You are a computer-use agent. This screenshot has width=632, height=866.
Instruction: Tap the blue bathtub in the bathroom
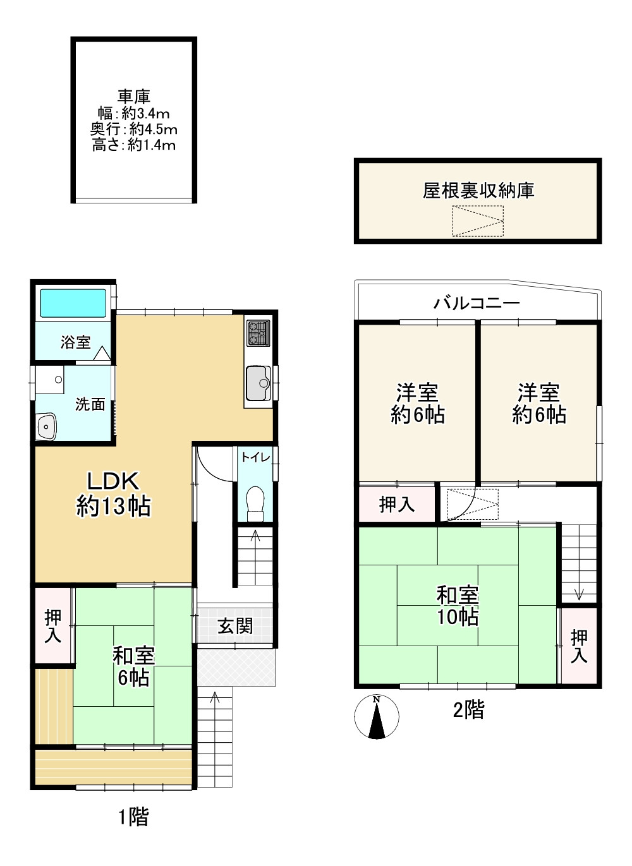coord(73,303)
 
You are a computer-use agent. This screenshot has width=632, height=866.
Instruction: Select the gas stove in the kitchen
coord(258,334)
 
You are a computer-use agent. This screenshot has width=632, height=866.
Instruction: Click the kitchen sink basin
coord(258,383)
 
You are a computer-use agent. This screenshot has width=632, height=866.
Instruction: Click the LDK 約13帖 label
coord(113,494)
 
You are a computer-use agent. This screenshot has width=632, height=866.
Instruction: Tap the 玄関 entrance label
coord(234,626)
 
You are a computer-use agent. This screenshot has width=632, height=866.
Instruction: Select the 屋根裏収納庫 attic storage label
coord(478,190)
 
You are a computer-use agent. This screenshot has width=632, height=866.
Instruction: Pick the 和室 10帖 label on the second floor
coord(458,606)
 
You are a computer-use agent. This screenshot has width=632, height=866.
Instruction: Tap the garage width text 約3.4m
coord(145,114)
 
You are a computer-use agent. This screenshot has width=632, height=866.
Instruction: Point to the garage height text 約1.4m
coord(152,145)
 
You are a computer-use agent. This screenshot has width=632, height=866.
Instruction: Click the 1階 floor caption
coord(133,817)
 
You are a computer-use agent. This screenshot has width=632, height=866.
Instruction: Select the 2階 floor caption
coord(468,710)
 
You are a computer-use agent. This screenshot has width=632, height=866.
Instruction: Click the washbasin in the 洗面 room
coord(47,427)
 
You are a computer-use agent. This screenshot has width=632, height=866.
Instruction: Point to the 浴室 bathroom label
coord(75,342)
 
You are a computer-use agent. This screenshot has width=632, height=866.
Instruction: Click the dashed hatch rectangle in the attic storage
coord(478,220)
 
